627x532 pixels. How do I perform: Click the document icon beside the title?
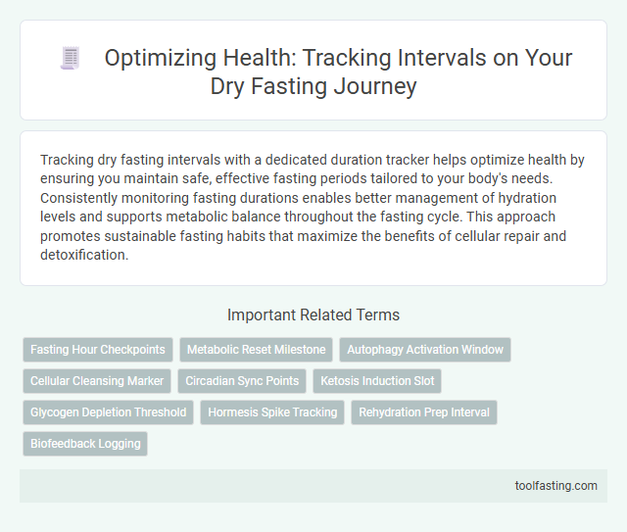click(x=70, y=58)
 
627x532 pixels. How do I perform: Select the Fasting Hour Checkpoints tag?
click(x=98, y=350)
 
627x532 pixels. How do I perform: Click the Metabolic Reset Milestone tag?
click(x=256, y=350)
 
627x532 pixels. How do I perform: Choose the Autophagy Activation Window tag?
click(x=425, y=350)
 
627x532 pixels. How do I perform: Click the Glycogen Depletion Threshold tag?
click(x=108, y=412)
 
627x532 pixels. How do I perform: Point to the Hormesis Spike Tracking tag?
click(x=272, y=412)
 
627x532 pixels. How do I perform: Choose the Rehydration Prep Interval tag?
click(x=424, y=412)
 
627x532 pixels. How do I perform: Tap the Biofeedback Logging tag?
click(x=85, y=444)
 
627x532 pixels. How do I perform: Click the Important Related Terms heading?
click(x=313, y=314)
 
